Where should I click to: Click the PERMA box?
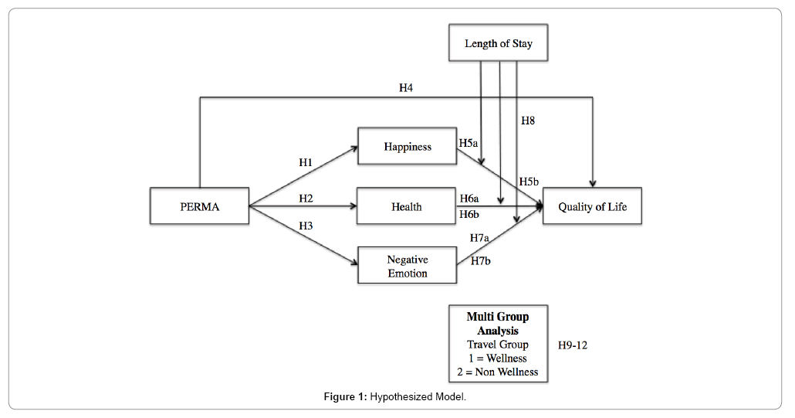(199, 206)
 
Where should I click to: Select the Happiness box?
(407, 147)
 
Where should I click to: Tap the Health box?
(406, 206)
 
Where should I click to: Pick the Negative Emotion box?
(407, 267)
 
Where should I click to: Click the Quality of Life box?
(592, 206)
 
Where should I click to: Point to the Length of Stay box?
(498, 44)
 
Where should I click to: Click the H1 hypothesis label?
(306, 162)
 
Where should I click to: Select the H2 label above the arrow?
(306, 199)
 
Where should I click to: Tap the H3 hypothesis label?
(306, 226)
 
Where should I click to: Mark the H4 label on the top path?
(406, 88)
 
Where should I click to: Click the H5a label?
(469, 143)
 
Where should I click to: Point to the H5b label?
(529, 182)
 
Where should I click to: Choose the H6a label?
(469, 199)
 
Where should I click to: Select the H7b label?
(480, 261)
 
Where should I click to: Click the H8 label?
(528, 121)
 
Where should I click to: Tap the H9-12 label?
(572, 345)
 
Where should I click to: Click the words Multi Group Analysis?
(498, 324)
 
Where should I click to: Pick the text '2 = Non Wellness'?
(498, 372)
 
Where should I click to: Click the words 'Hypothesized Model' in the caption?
(418, 397)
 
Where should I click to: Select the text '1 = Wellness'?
(498, 358)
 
